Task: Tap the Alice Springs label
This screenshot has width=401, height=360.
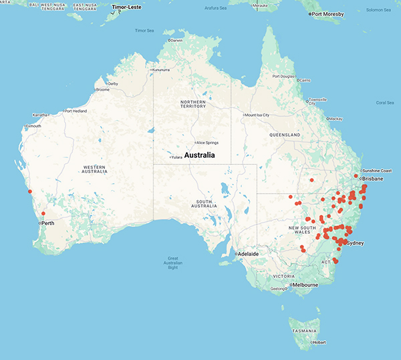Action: point(207,142)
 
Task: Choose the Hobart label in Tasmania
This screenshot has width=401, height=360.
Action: point(319,343)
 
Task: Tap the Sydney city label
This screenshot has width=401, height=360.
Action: point(356,243)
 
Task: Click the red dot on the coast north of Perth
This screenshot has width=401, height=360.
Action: point(29,192)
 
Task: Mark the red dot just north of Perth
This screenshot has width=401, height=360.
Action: point(43,213)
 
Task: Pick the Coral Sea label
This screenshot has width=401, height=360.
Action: point(385,102)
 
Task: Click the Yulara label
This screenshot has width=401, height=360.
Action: point(176,157)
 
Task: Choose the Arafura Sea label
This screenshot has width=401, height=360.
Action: point(221,9)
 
